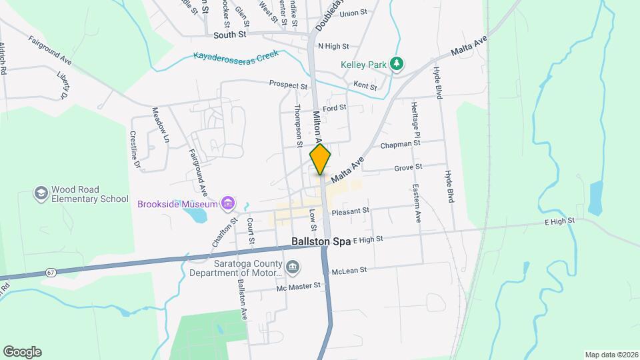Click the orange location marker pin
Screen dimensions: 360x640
(320, 159)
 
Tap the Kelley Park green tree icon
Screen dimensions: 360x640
(397, 64)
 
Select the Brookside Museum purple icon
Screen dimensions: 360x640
(228, 203)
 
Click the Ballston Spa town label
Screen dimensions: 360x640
(321, 241)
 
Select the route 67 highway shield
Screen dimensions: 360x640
(51, 272)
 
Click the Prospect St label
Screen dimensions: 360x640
(288, 85)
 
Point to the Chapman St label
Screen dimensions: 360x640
(400, 143)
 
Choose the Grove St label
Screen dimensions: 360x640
(408, 167)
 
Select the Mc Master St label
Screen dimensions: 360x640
(299, 286)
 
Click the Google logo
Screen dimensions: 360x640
(22, 352)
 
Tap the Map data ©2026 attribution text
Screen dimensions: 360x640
(611, 355)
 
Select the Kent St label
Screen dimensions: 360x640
(365, 87)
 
